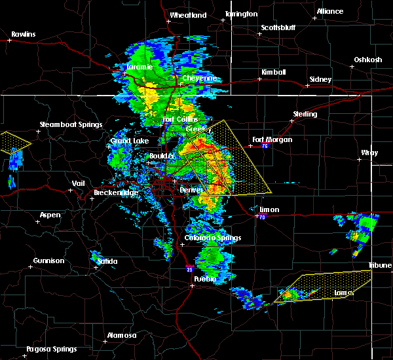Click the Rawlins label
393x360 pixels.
(x=24, y=34)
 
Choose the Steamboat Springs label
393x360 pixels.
(x=71, y=124)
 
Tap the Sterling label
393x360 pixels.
(x=305, y=114)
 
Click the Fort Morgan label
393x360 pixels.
(x=272, y=139)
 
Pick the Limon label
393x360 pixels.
(x=269, y=210)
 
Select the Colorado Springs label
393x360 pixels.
(x=212, y=238)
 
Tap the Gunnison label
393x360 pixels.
(x=49, y=261)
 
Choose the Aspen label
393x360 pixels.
(x=50, y=215)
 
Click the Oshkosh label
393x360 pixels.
(x=368, y=60)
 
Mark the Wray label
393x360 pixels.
(x=369, y=153)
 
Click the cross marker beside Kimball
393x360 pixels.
(x=260, y=79)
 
